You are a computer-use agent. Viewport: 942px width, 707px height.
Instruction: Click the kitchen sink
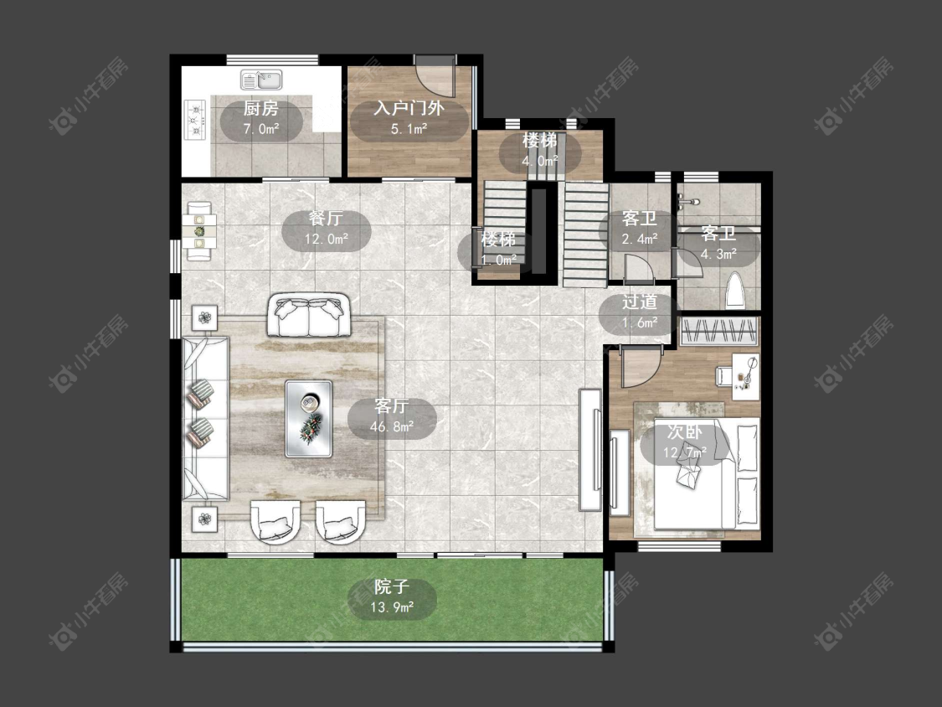[261, 80]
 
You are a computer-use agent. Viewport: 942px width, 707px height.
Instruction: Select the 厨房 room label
[261, 108]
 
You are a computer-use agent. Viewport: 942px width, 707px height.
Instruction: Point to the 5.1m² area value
[409, 128]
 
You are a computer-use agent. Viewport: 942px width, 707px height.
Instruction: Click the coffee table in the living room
[309, 419]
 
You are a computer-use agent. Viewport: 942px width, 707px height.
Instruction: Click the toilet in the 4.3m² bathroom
[734, 292]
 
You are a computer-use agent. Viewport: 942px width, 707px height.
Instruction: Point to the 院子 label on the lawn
[392, 586]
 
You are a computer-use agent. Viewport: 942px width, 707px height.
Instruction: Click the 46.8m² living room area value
[392, 427]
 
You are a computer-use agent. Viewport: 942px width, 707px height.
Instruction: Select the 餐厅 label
[327, 219]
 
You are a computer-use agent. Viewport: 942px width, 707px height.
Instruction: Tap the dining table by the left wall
[199, 231]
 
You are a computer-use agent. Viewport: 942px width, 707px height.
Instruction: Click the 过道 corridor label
[639, 302]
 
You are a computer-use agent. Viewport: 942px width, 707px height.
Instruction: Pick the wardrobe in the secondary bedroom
[719, 331]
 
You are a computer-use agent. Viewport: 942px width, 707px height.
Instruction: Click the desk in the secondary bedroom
[745, 376]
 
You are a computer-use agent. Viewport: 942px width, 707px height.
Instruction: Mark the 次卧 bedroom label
[685, 431]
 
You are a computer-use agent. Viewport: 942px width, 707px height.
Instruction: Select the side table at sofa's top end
[205, 317]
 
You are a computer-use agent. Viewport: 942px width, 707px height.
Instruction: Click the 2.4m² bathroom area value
[639, 239]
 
